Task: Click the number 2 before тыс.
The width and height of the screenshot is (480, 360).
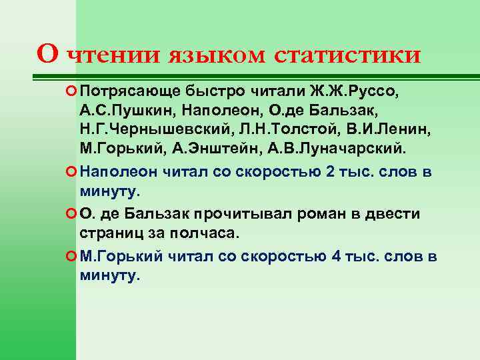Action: pos(331,172)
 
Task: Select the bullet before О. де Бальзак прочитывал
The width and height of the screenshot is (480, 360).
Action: pos(71,214)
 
